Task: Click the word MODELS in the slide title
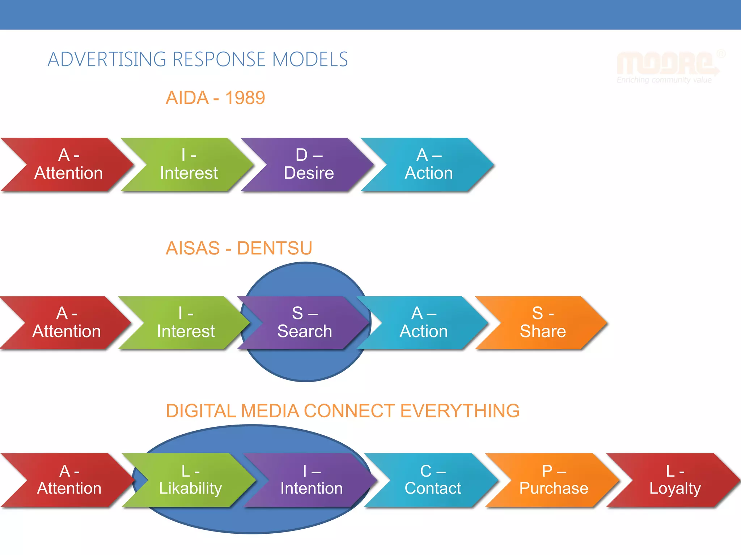coord(310,60)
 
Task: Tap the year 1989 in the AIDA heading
coord(245,98)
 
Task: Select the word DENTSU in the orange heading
coord(274,248)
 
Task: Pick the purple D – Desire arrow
coord(309,164)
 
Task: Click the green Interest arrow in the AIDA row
coord(189,164)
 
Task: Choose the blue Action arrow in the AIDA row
coord(428,164)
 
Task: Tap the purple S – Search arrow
coord(305,323)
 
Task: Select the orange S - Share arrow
coord(543,323)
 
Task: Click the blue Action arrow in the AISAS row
coord(423,323)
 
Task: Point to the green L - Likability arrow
coord(190,480)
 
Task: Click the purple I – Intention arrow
coord(311,480)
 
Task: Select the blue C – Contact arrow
coord(433,480)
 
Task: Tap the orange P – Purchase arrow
coord(554,480)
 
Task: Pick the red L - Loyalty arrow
coord(675,480)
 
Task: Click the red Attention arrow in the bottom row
coord(69,480)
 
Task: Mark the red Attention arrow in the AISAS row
coord(67,323)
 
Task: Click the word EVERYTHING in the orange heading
coord(460,411)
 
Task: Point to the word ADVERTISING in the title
coord(107,60)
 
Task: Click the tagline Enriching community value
coord(664,80)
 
